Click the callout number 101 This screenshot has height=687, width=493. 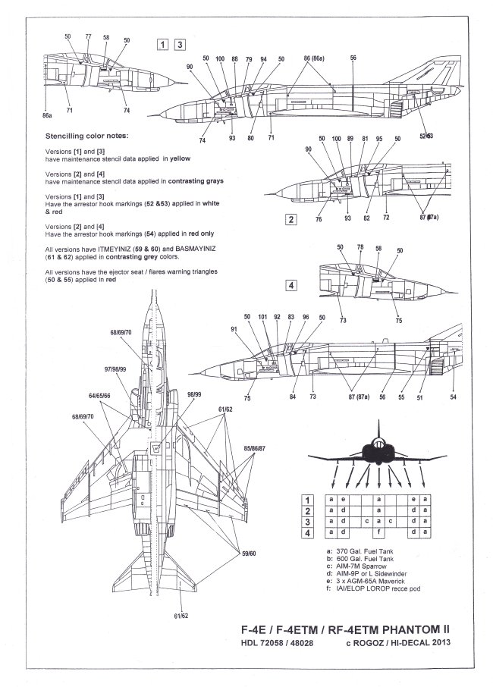point(262,317)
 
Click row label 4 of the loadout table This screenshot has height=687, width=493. point(309,533)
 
